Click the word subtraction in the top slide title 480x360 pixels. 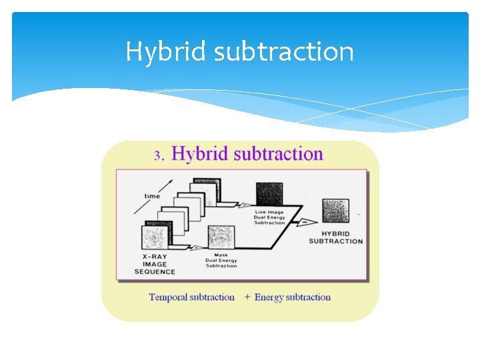pos(283,52)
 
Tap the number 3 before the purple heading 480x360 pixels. pos(158,155)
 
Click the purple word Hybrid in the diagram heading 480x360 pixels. pos(199,154)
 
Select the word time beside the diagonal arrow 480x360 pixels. pos(153,196)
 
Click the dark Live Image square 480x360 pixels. pos(269,193)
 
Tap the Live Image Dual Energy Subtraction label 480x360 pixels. pos(269,217)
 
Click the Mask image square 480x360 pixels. pos(221,238)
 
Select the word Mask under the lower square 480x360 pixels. pos(221,255)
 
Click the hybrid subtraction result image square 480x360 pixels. pos(335,211)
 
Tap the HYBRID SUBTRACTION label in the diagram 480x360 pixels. pos(335,237)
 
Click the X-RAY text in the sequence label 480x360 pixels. pos(155,257)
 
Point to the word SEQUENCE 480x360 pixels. pos(155,272)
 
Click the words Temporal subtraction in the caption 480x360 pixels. pos(191,297)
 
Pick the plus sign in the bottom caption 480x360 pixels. pos(247,297)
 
